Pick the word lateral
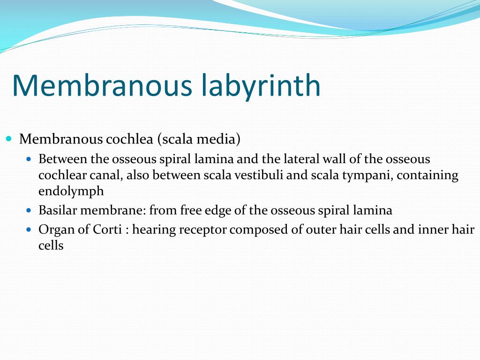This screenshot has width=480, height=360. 302,159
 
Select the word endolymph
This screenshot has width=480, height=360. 71,192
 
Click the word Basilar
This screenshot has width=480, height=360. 58,210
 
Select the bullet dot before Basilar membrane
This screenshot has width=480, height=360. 29,211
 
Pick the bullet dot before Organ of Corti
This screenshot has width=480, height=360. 29,230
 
